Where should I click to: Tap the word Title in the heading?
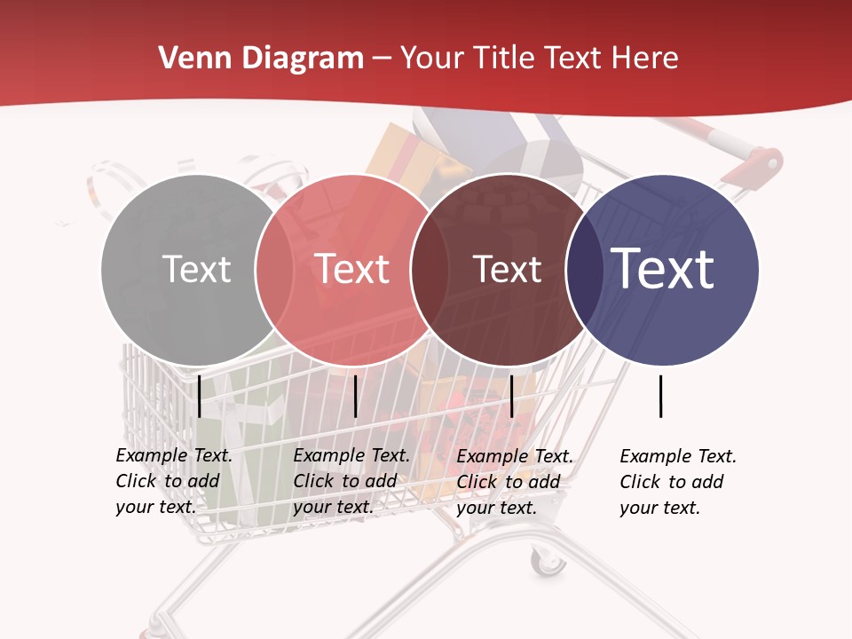pyautogui.click(x=504, y=59)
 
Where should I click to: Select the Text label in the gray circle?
pyautogui.click(x=196, y=269)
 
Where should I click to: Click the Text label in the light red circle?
pyautogui.click(x=352, y=269)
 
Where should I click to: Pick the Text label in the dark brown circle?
pyautogui.click(x=507, y=269)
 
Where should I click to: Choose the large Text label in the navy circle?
pyautogui.click(x=663, y=269)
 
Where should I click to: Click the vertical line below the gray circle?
pyautogui.click(x=200, y=396)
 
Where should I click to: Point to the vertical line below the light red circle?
pyautogui.click(x=355, y=396)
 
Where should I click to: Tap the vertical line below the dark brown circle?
pyautogui.click(x=512, y=396)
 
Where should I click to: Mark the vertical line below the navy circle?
pyautogui.click(x=661, y=396)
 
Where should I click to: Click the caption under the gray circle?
pyautogui.click(x=174, y=481)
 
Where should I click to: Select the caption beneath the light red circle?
pyautogui.click(x=351, y=481)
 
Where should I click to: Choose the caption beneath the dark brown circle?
pyautogui.click(x=515, y=482)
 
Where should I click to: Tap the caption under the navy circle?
pyautogui.click(x=678, y=482)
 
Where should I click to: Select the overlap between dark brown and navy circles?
pyautogui.click(x=581, y=269)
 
